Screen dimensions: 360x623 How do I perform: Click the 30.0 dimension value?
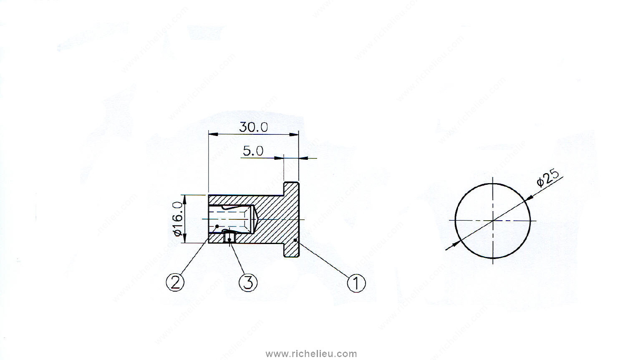[253, 127]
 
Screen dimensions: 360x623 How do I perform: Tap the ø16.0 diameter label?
[178, 219]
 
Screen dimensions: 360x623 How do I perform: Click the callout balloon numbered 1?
[356, 283]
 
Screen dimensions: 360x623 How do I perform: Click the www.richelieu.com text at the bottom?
[311, 354]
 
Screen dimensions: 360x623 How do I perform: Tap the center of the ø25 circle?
[493, 220]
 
